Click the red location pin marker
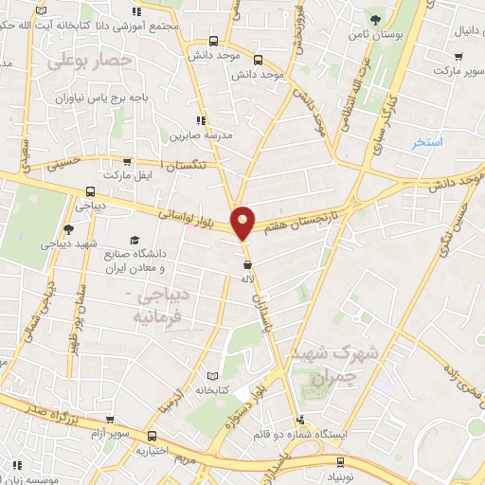(x=243, y=222)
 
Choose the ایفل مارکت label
(x=127, y=176)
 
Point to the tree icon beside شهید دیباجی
(x=68, y=229)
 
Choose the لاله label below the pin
(x=248, y=280)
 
